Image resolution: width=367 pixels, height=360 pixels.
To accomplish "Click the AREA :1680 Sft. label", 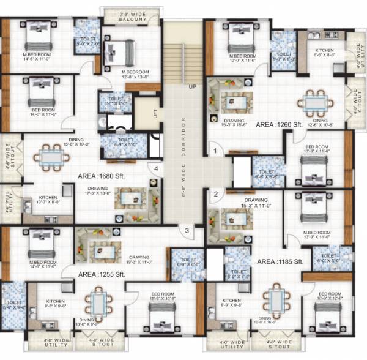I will tap(102, 175).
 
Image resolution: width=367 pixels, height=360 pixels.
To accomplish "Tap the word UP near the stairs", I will tap(192, 86).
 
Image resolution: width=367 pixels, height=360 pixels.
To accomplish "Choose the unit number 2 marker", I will tap(215, 195).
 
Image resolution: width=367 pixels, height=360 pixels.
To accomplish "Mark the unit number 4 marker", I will tap(157, 168).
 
